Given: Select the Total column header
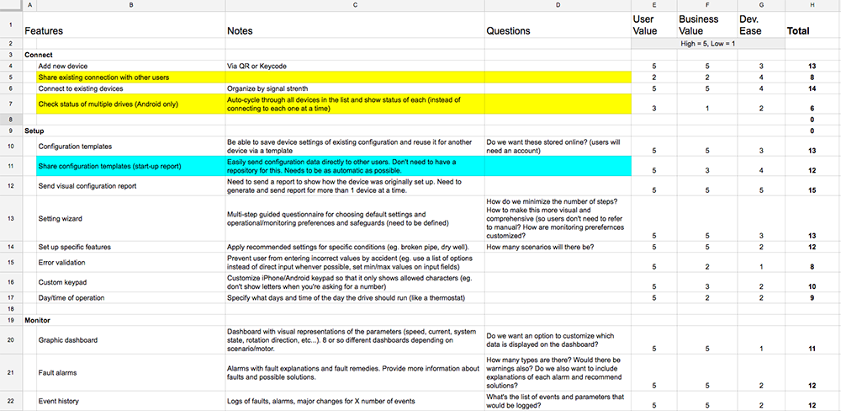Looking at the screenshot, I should [797, 31].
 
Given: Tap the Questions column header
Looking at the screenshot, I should [508, 31].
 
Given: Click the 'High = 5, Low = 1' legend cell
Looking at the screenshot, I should [708, 43].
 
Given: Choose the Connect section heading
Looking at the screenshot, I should [39, 54].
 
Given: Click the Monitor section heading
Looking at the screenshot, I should [40, 321].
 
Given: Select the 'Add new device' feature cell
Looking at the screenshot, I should [63, 66].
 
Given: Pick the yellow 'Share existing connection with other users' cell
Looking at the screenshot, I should [103, 77].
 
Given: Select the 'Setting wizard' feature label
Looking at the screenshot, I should [61, 219].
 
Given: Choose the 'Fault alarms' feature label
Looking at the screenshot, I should [58, 371].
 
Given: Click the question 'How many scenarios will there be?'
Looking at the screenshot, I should [540, 247].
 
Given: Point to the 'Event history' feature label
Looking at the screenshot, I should [61, 401].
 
